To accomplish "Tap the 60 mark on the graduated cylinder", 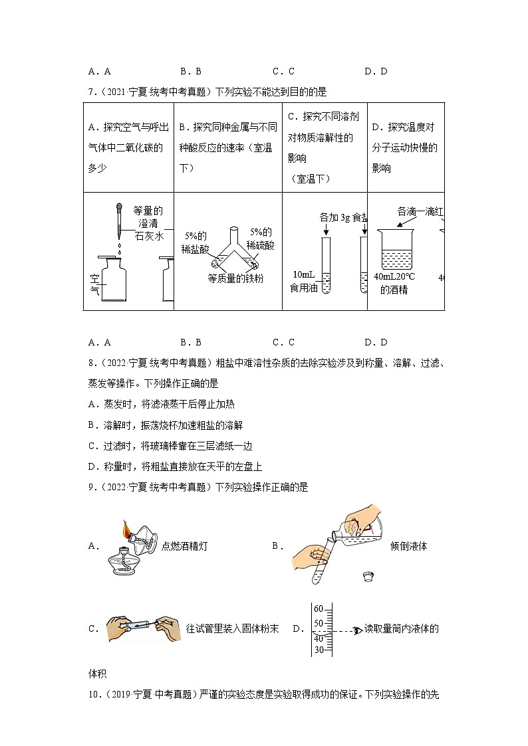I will pyautogui.click(x=318, y=609).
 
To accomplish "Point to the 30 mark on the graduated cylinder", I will pyautogui.click(x=318, y=650).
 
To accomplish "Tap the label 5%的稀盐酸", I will pyautogui.click(x=195, y=242).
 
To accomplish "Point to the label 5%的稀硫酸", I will pyautogui.click(x=260, y=238).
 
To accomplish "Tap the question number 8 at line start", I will pyautogui.click(x=91, y=363).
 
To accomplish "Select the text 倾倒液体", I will pyautogui.click(x=408, y=546).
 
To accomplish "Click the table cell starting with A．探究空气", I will pyautogui.click(x=128, y=147).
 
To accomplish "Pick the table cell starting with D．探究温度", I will pyautogui.click(x=405, y=147).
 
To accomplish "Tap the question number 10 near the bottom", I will pyautogui.click(x=93, y=695).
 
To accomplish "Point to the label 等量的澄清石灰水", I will pyautogui.click(x=148, y=223).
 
